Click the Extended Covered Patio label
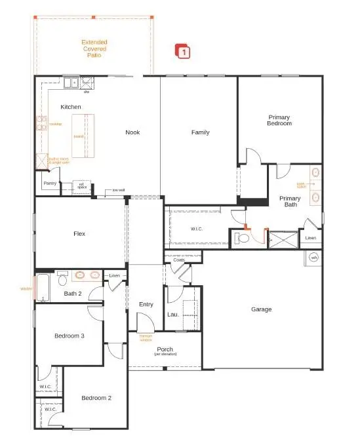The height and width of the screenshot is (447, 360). (x=94, y=49)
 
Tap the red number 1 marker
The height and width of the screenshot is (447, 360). (x=184, y=51)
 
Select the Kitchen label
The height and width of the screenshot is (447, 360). (x=71, y=107)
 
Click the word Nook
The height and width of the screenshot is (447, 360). (x=132, y=132)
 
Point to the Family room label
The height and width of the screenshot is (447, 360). (x=200, y=132)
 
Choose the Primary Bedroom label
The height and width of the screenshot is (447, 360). (x=279, y=120)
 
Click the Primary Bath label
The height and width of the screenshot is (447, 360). (x=290, y=201)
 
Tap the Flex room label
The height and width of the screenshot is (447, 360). (x=79, y=233)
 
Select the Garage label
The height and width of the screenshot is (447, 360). (x=261, y=309)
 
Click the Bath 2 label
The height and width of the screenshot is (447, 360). (x=73, y=294)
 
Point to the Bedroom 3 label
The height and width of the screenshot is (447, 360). (x=69, y=336)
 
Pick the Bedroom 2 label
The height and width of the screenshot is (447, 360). (x=96, y=398)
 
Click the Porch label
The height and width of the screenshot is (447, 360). (x=165, y=350)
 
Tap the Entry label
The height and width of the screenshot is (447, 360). (x=146, y=304)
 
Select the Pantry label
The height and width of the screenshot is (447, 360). (x=49, y=184)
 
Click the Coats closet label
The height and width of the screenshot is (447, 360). (x=179, y=260)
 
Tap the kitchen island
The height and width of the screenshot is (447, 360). (x=83, y=135)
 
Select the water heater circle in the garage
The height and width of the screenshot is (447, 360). (x=313, y=258)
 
